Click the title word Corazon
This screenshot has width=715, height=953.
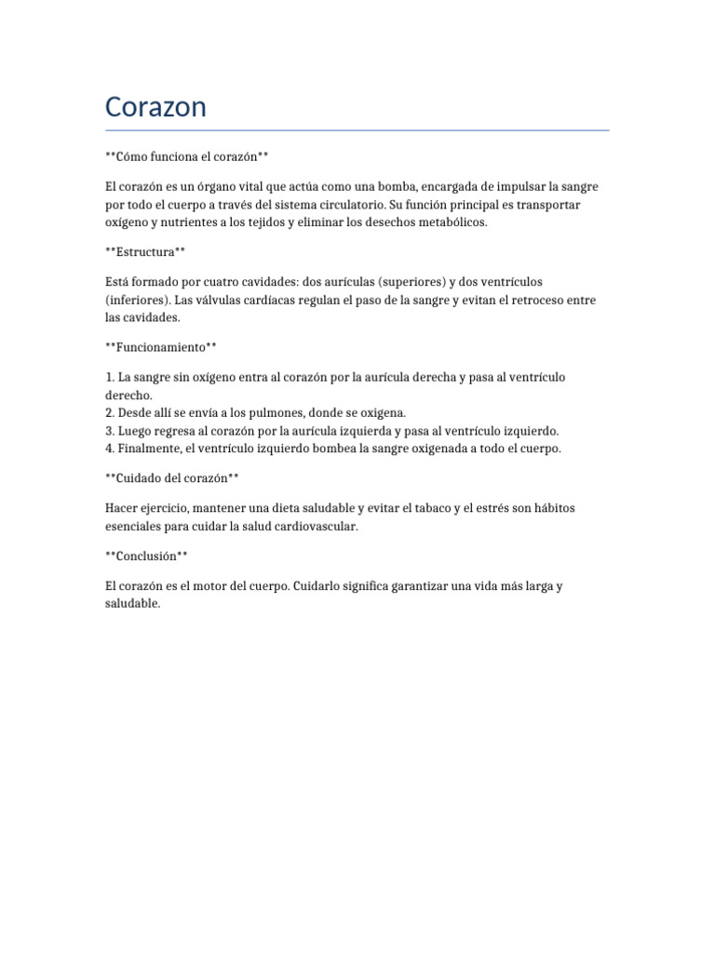(155, 107)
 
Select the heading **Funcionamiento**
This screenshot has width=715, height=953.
(161, 347)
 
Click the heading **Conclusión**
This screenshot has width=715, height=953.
(147, 556)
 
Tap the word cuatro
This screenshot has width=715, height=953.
(220, 281)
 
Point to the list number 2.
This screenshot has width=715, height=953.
(110, 412)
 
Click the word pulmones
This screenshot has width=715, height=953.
(268, 412)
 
